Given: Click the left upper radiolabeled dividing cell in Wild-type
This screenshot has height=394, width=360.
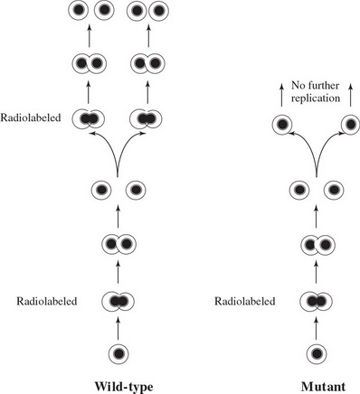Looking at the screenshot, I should point(90,117).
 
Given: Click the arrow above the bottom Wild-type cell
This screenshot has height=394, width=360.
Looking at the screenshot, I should point(118,324).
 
